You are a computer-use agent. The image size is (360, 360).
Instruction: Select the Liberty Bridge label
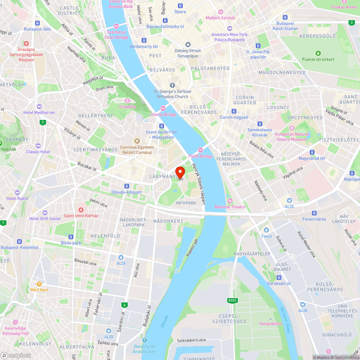pos(163,114)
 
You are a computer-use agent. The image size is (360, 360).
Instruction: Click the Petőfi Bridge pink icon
pos(201,150)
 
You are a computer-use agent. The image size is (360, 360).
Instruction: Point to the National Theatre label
pos(230,207)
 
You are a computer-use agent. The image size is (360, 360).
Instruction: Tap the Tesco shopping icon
pos(266,230)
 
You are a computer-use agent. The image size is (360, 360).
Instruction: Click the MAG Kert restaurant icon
pos(39,284)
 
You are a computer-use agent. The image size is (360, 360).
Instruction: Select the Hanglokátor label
pos(271,324)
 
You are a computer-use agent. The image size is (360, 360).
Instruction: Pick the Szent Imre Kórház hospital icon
pos(81,210)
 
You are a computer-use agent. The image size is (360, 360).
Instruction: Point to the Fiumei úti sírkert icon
pos(318,53)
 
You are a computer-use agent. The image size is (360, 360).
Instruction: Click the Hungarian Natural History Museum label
pos(292,137)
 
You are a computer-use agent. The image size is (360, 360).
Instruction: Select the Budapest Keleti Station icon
pos(285,17)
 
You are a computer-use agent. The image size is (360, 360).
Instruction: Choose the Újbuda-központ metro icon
pos(126,186)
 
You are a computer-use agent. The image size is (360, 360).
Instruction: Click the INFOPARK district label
pos(186,203)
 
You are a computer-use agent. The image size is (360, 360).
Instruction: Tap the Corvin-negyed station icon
pos(234,111)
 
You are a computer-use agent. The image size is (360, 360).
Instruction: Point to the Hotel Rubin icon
pos(17,193)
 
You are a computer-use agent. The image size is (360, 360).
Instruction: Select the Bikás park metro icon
pos(71,237)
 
